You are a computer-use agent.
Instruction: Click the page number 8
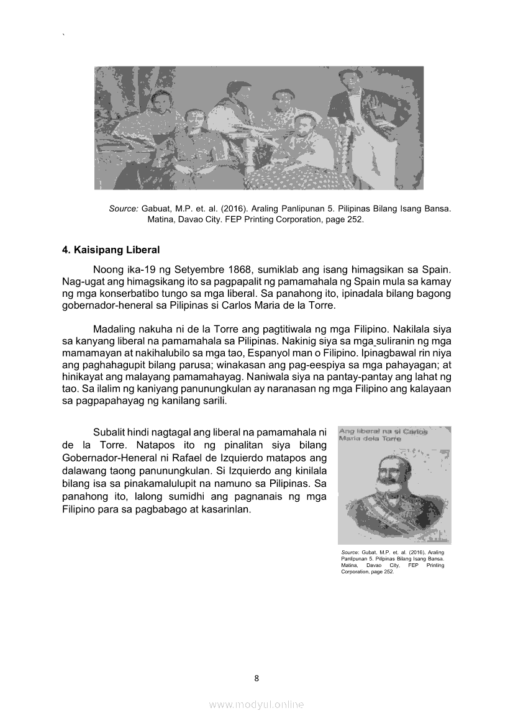coord(256,678)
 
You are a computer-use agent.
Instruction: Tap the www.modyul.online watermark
coord(256,704)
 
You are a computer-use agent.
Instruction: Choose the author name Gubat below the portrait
coord(370,551)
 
